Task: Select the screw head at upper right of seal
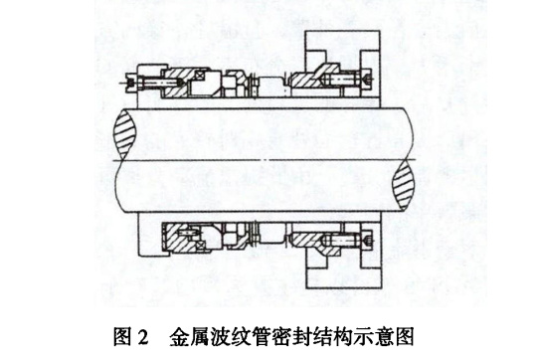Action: pyautogui.click(x=365, y=77)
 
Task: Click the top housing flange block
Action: pyautogui.click(x=343, y=46)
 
